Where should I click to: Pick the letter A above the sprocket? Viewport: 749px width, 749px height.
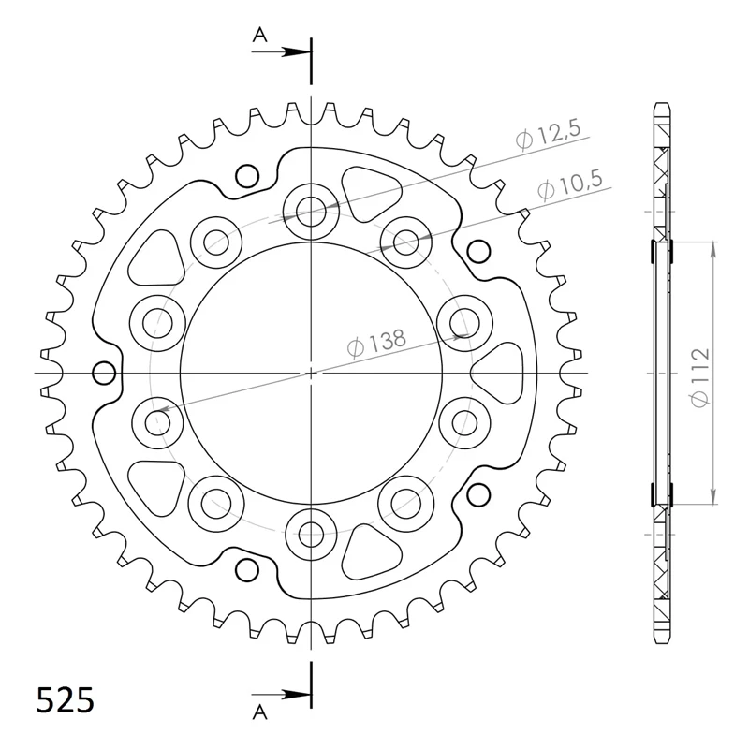(260, 36)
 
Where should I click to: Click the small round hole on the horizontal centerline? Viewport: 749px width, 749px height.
(104, 374)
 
